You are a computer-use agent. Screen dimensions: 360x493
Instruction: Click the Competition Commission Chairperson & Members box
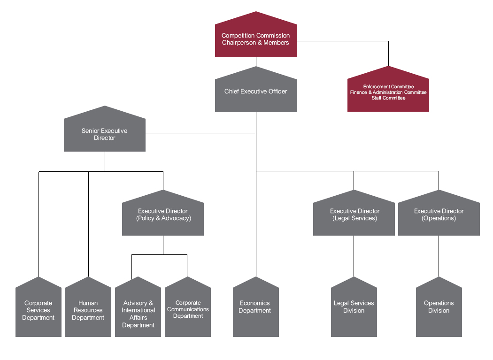pos(255,39)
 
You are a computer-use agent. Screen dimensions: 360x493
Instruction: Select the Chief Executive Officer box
pos(255,92)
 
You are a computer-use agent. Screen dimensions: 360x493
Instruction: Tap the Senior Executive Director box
pos(104,134)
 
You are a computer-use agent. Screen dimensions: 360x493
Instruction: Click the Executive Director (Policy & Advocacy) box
pos(163,215)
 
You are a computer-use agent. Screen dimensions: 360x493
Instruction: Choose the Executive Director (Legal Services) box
pos(354,215)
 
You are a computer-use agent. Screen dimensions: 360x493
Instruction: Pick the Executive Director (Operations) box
pos(439,215)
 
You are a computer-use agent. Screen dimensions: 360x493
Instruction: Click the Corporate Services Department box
pos(39,311)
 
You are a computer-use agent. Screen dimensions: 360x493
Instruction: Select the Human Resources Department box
pos(88,311)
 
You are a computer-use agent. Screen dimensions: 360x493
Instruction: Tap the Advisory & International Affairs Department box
pos(138,314)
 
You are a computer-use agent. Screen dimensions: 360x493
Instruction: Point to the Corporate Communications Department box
pos(188,310)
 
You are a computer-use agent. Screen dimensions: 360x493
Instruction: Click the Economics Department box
pos(255,307)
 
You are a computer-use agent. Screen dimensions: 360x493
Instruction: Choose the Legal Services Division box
pos(354,307)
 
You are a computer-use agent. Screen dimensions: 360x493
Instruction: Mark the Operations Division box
pos(439,307)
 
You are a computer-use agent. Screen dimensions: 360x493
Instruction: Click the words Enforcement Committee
pos(388,87)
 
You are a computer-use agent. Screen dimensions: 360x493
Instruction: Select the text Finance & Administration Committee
pos(388,92)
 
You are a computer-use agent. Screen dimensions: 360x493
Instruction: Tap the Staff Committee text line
pos(388,98)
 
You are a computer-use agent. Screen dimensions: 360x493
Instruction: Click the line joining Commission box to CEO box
pos(256,61)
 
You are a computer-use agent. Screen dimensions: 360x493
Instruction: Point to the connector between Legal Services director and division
pos(354,256)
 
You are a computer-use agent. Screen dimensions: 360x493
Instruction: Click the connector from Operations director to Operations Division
pos(439,256)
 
